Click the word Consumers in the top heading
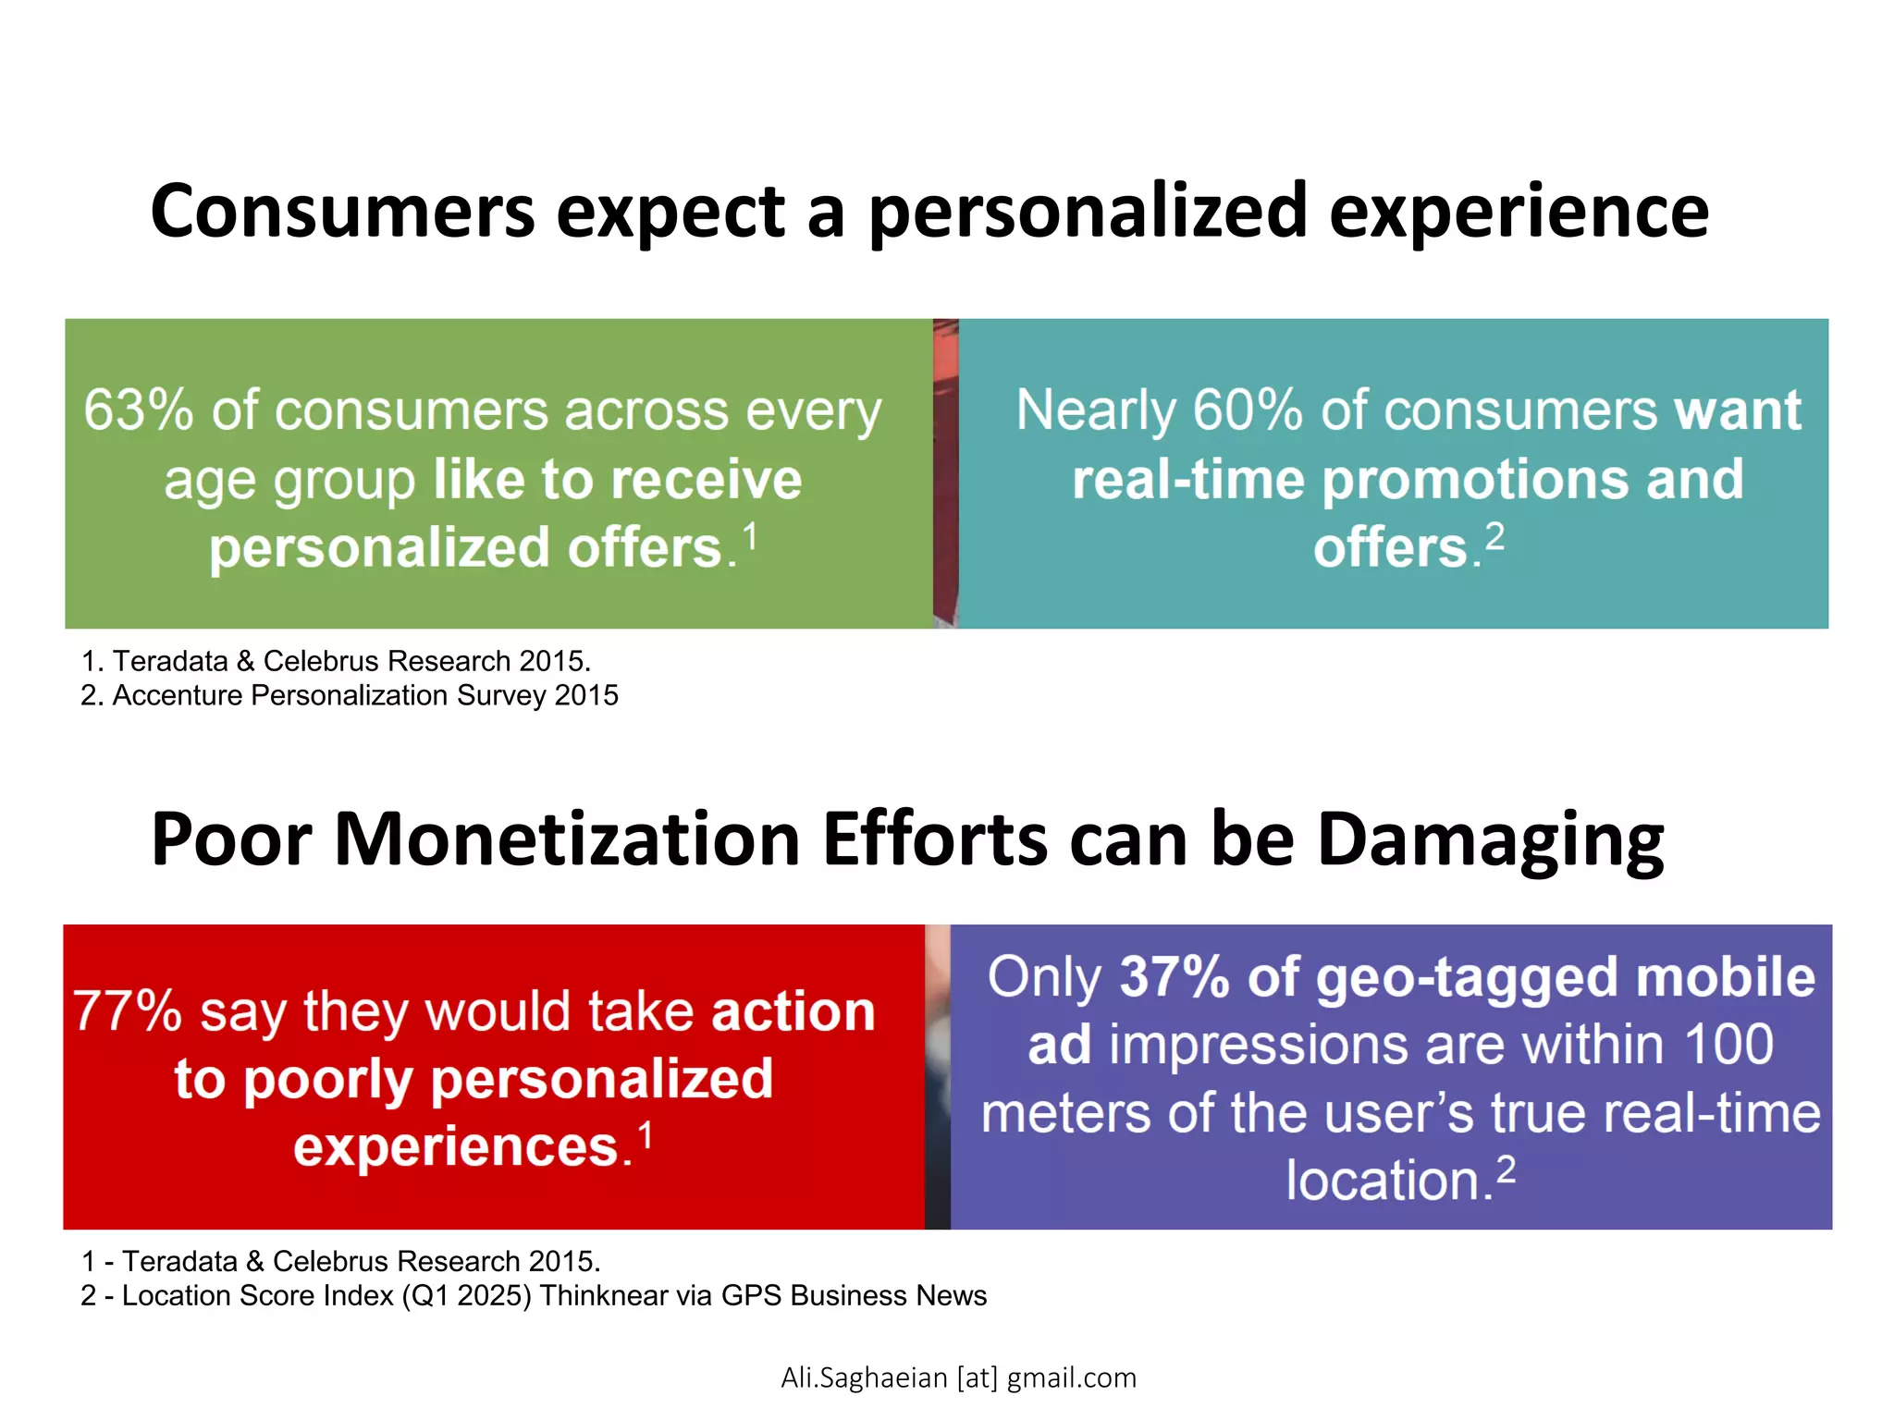pos(342,212)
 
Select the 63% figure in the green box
pos(138,410)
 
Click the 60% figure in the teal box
pos(1248,410)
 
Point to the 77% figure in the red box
pos(127,1011)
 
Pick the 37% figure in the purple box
pos(1175,977)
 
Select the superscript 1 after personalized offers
pos(750,537)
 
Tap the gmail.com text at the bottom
pos(1071,1377)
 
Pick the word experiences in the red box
pos(456,1147)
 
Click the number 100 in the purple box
pos(1728,1046)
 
